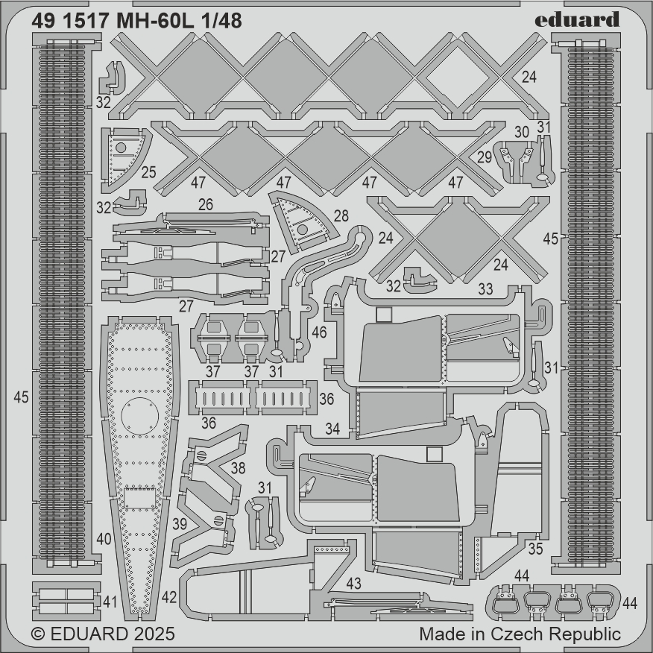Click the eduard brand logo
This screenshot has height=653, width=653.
(x=577, y=19)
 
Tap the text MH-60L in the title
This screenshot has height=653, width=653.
(x=155, y=21)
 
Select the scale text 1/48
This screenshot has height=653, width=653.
(x=221, y=21)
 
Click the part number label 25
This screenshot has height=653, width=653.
(x=148, y=172)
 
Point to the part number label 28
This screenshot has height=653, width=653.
(x=341, y=215)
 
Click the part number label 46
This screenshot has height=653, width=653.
(x=319, y=332)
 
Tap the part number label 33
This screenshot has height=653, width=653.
(x=485, y=288)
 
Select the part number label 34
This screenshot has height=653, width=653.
(x=332, y=429)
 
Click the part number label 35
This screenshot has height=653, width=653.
(x=535, y=549)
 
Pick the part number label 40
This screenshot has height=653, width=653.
(x=104, y=539)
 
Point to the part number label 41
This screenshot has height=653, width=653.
(x=110, y=602)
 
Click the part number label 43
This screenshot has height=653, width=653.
(x=353, y=584)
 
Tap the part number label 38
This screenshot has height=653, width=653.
(x=239, y=468)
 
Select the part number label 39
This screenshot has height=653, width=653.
(x=180, y=524)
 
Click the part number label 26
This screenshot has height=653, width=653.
(x=206, y=204)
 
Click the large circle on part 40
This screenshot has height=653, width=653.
(x=139, y=416)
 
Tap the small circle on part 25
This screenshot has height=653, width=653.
(x=121, y=148)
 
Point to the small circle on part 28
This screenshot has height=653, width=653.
(x=303, y=229)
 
